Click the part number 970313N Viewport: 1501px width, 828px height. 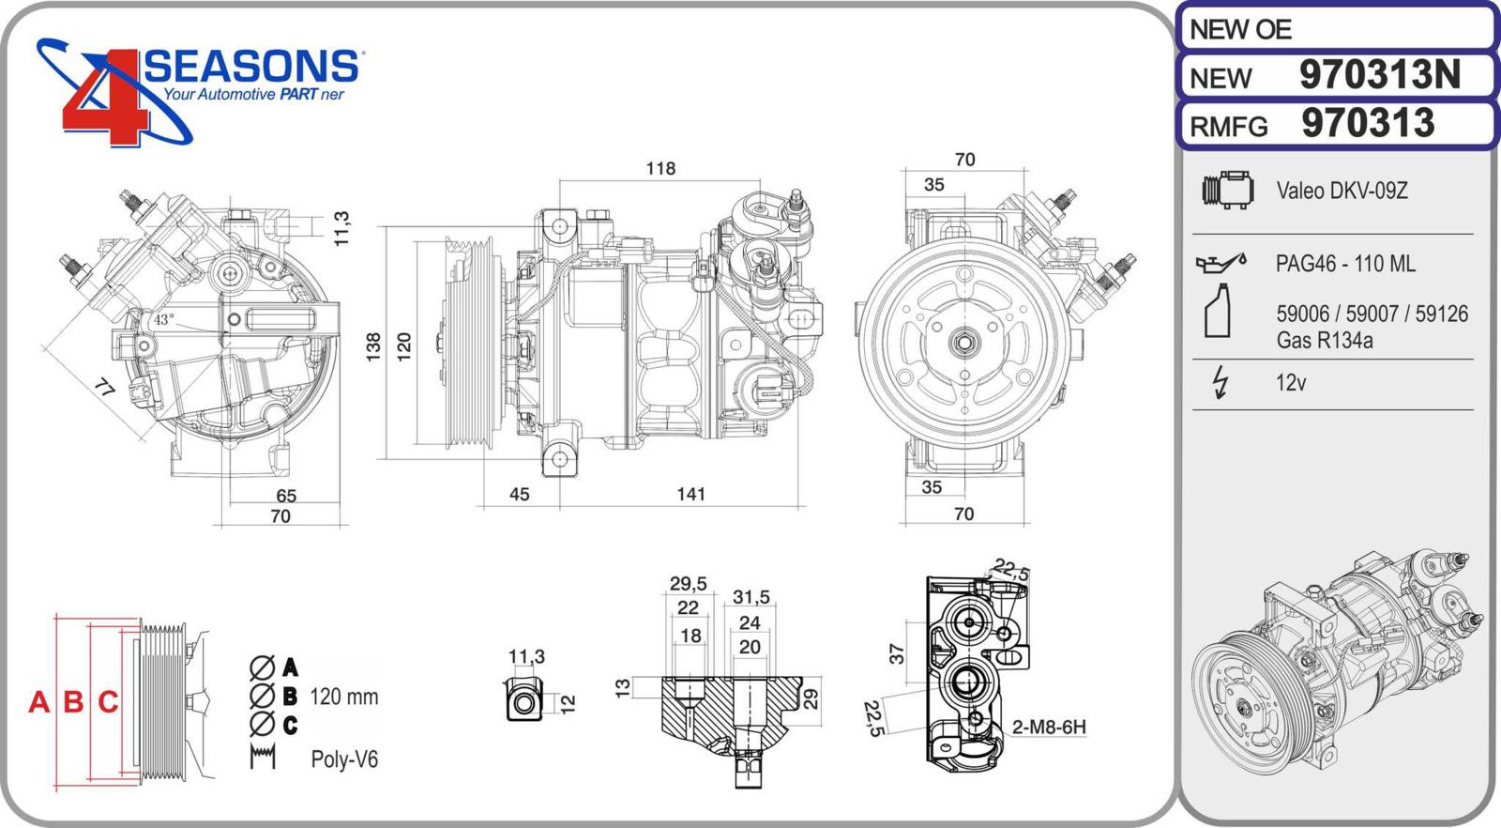click(x=1379, y=75)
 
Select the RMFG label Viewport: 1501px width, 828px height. click(x=1229, y=127)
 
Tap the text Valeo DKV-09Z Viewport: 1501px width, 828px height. click(x=1342, y=191)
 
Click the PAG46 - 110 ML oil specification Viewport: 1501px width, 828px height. click(x=1345, y=264)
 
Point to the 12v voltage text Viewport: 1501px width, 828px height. click(x=1291, y=383)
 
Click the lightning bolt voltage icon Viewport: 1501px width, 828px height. click(x=1220, y=382)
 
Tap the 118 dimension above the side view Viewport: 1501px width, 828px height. click(x=660, y=168)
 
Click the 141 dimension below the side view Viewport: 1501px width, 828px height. click(x=690, y=494)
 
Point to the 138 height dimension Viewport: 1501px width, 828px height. click(x=373, y=346)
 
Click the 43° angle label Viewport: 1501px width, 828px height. click(x=164, y=320)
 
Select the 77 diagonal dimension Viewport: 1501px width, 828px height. click(x=105, y=387)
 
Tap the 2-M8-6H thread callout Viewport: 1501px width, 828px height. click(x=1049, y=727)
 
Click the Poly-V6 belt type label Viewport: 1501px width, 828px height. click(x=344, y=759)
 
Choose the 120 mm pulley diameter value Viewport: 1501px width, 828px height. click(x=343, y=697)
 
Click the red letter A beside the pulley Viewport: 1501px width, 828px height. click(x=38, y=701)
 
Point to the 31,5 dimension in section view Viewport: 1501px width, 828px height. click(x=750, y=597)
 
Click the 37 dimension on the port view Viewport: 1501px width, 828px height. click(x=897, y=653)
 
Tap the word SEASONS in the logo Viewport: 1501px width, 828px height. click(x=251, y=66)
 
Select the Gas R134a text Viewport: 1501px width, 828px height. click(x=1324, y=341)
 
